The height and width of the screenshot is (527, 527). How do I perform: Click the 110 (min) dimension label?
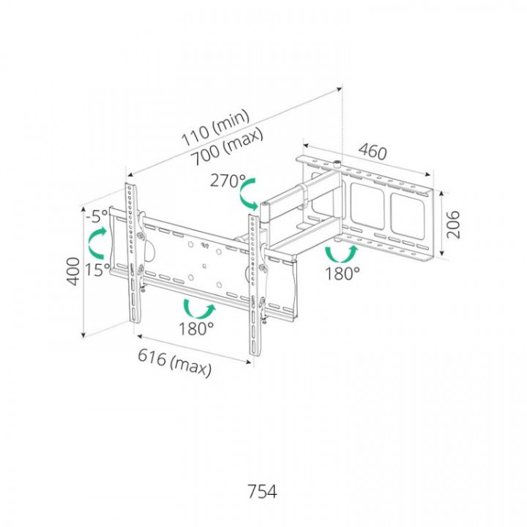pos(215,127)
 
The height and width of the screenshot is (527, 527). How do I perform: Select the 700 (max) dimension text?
pos(226,147)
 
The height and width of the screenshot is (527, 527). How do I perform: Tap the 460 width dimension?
pos(373,152)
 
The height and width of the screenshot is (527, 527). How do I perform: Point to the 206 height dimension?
pos(453,224)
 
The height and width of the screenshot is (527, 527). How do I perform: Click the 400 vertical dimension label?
pos(74,272)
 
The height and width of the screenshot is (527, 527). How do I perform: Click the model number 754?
pos(262,491)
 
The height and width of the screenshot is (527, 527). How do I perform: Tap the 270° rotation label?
pos(228,182)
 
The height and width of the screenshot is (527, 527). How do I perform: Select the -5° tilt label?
pos(97,216)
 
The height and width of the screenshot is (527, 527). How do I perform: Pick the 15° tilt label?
pos(97,269)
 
